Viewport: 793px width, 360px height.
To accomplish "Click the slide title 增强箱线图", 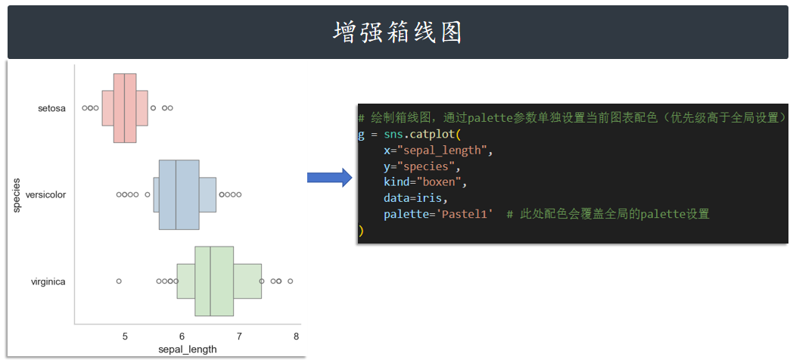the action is tap(397, 33).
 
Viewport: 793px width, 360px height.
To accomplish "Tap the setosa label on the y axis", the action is tap(51, 108).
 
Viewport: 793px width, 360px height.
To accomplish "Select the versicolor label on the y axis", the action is tap(45, 194).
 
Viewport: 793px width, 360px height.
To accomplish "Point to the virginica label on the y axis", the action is tap(48, 281).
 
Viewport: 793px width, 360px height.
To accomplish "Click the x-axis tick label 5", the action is tap(125, 337).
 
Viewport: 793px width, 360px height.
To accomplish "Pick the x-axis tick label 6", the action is tap(182, 337).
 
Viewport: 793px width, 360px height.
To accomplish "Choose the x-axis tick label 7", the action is tap(239, 337).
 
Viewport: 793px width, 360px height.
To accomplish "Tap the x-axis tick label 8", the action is tap(296, 337).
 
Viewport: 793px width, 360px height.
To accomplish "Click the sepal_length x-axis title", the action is tap(188, 349).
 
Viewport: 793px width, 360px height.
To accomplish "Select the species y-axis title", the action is tap(17, 195).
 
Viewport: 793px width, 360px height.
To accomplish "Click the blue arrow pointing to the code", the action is tap(329, 178).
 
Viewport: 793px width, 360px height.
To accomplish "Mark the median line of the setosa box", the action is tap(124, 108).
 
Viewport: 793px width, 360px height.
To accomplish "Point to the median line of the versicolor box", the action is tap(176, 194).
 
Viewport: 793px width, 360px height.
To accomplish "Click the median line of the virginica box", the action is tap(210, 281).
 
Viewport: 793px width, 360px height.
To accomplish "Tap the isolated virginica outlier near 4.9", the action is tap(119, 281).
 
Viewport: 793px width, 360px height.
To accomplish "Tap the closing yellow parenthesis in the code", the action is tap(361, 230).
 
